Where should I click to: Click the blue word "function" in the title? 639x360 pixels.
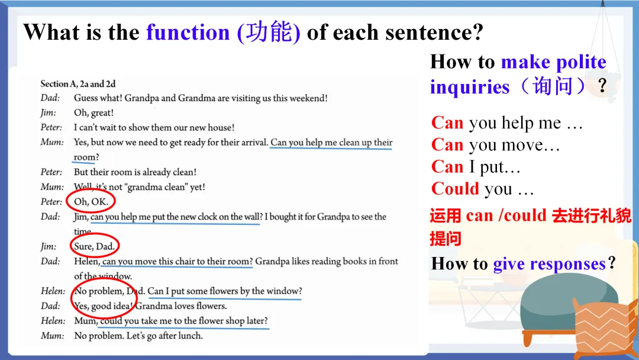pos(188,32)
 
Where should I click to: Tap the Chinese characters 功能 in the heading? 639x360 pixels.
pos(269,32)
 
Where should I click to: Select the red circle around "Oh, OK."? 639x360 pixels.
pos(91,201)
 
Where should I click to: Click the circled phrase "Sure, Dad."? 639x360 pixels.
pos(94,246)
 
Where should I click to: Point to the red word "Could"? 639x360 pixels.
pos(455,189)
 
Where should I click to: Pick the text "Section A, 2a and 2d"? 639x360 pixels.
pos(78,84)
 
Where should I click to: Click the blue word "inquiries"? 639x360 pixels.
pos(469,87)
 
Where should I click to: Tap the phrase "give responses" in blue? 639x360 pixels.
pos(549,263)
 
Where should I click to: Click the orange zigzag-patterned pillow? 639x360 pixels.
pos(605,330)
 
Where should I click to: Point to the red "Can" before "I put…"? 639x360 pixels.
pos(447,167)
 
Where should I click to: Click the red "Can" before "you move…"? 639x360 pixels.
pos(447,144)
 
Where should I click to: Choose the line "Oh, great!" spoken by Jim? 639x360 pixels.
pos(93,112)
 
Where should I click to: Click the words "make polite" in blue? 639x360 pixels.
pos(554,62)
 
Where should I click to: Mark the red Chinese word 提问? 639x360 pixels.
pos(446,239)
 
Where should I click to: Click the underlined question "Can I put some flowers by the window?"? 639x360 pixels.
pos(225,291)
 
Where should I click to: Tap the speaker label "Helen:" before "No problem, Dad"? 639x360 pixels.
pos(53,291)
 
